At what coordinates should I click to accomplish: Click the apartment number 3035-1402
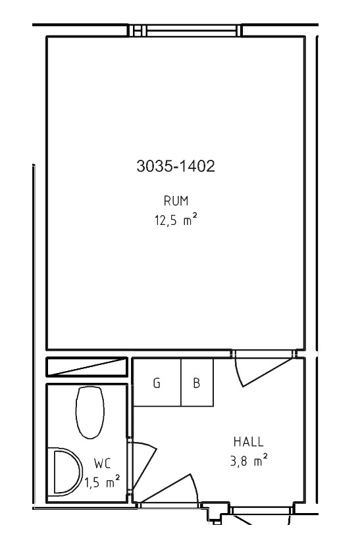(176, 166)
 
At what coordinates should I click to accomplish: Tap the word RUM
(176, 201)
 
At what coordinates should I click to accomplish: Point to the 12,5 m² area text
(176, 220)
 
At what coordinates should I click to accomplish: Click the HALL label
(249, 442)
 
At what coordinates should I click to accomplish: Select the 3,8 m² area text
(249, 461)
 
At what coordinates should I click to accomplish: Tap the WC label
(103, 464)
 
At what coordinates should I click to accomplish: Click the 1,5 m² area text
(103, 482)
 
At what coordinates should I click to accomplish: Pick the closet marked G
(157, 382)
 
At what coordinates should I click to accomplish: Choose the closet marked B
(197, 382)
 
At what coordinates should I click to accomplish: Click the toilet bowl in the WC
(90, 412)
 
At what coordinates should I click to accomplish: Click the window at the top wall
(185, 30)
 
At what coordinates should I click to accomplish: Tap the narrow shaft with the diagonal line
(87, 367)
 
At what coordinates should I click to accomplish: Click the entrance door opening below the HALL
(262, 511)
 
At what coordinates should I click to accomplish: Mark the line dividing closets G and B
(181, 382)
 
